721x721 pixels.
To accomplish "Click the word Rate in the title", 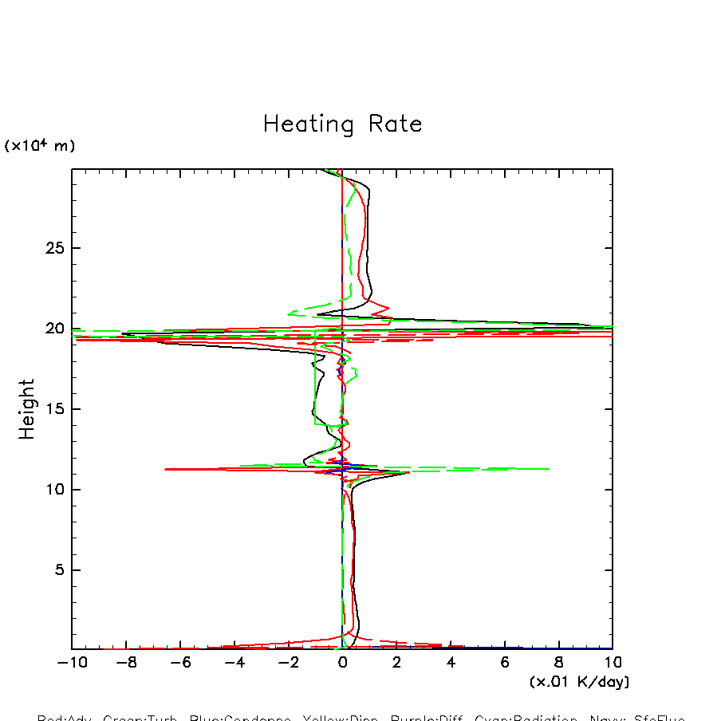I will [396, 124].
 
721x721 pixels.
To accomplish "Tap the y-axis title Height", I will [28, 409].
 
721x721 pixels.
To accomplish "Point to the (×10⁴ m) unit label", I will [40, 146].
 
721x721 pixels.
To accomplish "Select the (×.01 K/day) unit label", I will [579, 682].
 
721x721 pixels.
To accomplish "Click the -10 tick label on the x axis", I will [69, 663].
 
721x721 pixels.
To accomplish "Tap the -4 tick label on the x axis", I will [232, 663].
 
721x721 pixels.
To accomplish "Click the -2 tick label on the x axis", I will [286, 663].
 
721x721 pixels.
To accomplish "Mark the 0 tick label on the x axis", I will [343, 663].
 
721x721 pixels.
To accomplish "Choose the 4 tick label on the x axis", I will [451, 663].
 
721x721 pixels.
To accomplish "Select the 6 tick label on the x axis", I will [505, 663].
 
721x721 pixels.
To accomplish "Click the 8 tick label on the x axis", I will [559, 663].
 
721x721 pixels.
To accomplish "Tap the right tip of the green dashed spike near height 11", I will [550, 469].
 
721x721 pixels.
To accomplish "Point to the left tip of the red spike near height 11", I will [165, 469].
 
